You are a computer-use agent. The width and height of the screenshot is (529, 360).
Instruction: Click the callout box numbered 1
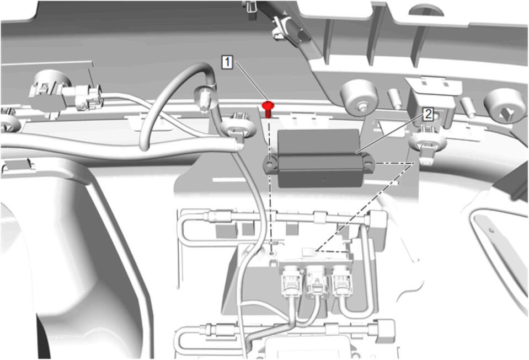tap(227, 62)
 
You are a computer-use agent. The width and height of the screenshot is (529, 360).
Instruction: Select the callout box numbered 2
tap(428, 114)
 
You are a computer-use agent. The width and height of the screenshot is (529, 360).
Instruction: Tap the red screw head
tap(268, 105)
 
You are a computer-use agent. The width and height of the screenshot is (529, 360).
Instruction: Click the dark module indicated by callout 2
tap(319, 158)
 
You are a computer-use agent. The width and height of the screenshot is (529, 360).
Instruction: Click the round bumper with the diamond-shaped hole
tap(505, 106)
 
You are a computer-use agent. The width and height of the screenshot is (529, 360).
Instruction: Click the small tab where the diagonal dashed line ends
tap(309, 251)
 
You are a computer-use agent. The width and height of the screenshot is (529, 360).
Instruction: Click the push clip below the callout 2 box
tap(425, 146)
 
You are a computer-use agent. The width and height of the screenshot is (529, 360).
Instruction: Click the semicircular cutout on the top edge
tap(426, 10)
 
